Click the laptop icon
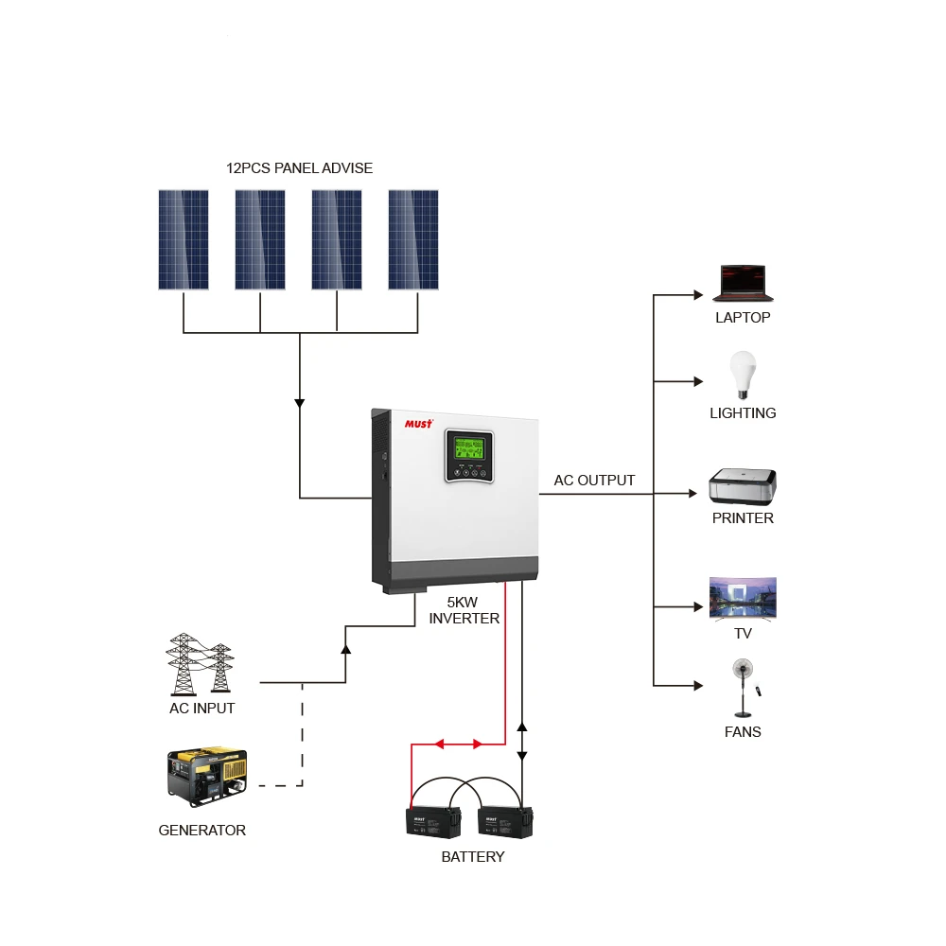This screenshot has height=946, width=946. click(743, 283)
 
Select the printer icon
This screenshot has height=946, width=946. click(743, 486)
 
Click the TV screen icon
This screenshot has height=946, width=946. click(743, 598)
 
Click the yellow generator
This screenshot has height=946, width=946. click(207, 777)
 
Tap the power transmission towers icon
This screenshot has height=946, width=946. click(200, 664)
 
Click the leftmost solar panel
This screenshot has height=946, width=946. click(184, 239)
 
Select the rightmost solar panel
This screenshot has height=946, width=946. click(413, 239)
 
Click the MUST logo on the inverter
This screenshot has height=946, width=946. click(418, 424)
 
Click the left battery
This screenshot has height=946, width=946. click(433, 821)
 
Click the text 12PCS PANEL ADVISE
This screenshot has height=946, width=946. click(299, 168)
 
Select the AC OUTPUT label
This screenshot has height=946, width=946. click(594, 481)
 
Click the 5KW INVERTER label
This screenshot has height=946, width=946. click(464, 610)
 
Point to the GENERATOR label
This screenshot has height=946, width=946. click(201, 831)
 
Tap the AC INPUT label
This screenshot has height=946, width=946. click(201, 708)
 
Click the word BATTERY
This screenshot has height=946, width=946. click(473, 857)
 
